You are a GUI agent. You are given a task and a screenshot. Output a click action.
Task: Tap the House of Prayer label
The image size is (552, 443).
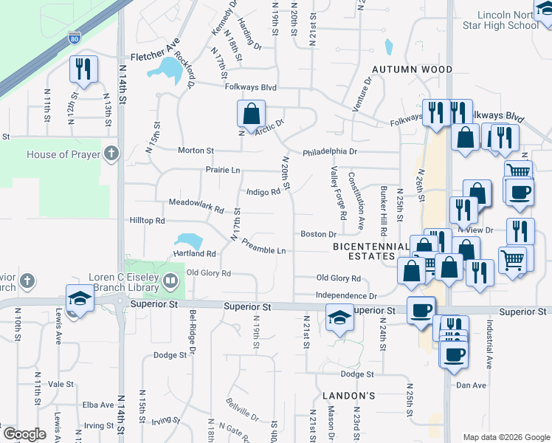tap(61, 155)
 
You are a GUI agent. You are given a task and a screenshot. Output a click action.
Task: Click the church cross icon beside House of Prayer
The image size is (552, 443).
tap(111, 154)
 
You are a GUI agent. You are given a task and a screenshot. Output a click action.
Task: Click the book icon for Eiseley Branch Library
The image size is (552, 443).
tap(170, 280)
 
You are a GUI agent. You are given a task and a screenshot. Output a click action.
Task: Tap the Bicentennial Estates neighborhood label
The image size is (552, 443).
tap(370, 251)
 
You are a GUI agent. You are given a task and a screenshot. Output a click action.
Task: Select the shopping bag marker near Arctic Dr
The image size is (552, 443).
tap(251, 114)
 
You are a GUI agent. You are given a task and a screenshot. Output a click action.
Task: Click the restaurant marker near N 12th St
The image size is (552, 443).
tap(82, 69)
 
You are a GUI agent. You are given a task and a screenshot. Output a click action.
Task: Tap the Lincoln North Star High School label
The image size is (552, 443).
tap(508, 20)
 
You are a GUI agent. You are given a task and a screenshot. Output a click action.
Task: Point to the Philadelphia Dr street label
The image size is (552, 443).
tap(330, 152)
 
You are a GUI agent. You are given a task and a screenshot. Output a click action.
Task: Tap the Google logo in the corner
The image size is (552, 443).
tap(24, 434)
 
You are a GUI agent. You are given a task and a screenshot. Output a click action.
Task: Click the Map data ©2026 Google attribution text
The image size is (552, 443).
tap(506, 437)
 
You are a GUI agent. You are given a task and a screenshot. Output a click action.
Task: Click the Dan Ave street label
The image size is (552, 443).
tap(471, 385)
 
